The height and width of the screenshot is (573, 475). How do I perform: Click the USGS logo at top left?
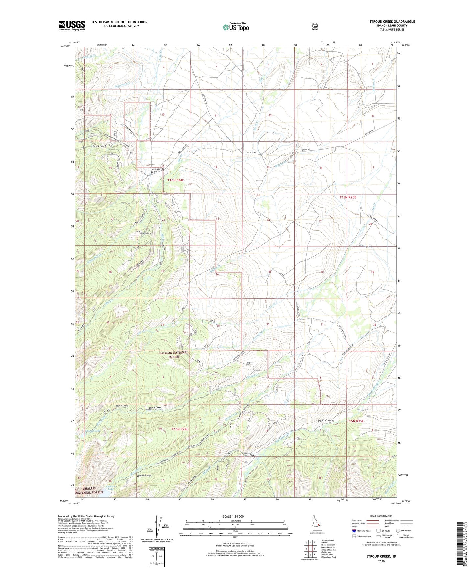point(72,25)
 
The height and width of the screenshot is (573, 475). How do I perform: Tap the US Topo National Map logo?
point(235,27)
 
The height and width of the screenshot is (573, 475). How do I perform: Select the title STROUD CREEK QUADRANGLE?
point(392,22)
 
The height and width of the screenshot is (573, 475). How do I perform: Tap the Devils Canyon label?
point(326,420)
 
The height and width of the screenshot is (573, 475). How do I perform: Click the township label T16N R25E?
point(347,197)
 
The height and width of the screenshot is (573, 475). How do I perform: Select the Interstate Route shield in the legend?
point(353,531)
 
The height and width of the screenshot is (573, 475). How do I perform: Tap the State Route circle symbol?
point(398,531)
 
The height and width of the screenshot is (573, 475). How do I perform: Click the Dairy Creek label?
point(249,455)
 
